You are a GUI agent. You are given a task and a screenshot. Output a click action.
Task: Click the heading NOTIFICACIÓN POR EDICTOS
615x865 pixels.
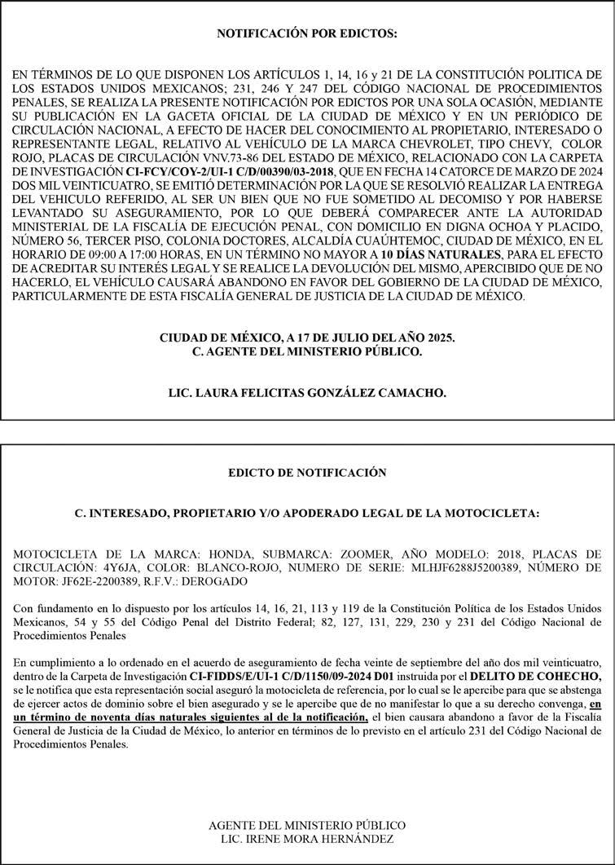point(307,34)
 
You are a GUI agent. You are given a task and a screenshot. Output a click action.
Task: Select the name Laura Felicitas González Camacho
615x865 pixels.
point(307,392)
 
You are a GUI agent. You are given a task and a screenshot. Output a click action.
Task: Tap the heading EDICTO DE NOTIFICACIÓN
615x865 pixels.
point(307,472)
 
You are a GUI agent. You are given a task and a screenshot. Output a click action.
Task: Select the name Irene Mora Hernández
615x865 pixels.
point(308,839)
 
